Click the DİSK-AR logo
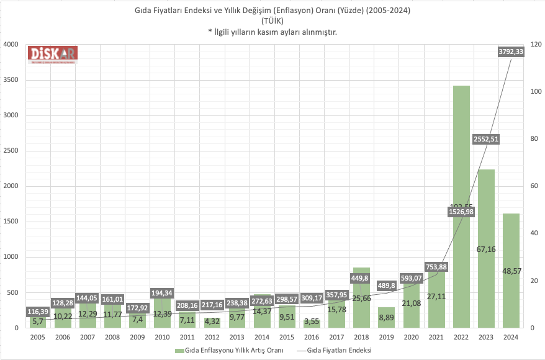click(x=52, y=54)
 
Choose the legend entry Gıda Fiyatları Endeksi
click(x=340, y=350)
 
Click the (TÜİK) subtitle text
click(x=272, y=21)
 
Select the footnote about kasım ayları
click(x=272, y=32)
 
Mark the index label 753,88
click(x=436, y=267)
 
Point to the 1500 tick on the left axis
click(x=12, y=222)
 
